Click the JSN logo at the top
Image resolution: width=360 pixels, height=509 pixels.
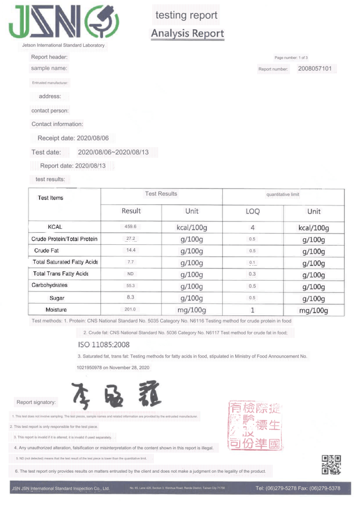click(x=63, y=23)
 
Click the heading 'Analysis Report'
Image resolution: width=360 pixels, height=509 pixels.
click(x=187, y=33)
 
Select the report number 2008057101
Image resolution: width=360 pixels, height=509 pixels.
click(x=314, y=69)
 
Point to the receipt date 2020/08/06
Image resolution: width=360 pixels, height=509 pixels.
click(x=91, y=138)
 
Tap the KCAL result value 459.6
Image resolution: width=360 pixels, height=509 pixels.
click(x=131, y=227)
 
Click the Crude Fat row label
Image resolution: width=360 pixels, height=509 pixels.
click(x=47, y=251)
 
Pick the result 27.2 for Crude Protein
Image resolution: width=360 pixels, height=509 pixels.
click(x=131, y=239)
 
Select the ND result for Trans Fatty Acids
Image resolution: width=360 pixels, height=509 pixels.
click(x=131, y=274)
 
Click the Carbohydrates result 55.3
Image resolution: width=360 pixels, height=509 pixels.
click(x=131, y=286)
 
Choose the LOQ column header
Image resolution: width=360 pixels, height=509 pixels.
click(x=253, y=211)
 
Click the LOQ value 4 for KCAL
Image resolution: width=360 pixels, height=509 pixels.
click(x=253, y=227)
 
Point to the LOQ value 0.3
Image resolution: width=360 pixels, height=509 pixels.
click(x=252, y=274)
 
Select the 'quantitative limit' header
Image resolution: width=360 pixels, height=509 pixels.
click(x=283, y=195)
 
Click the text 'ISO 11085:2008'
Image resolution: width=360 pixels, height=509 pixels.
click(x=104, y=344)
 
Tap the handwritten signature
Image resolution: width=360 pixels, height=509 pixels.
click(x=114, y=396)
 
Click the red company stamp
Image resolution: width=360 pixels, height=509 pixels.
click(x=254, y=426)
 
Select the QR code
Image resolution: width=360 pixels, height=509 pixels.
click(x=331, y=464)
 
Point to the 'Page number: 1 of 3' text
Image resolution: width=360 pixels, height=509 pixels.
click(x=294, y=58)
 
